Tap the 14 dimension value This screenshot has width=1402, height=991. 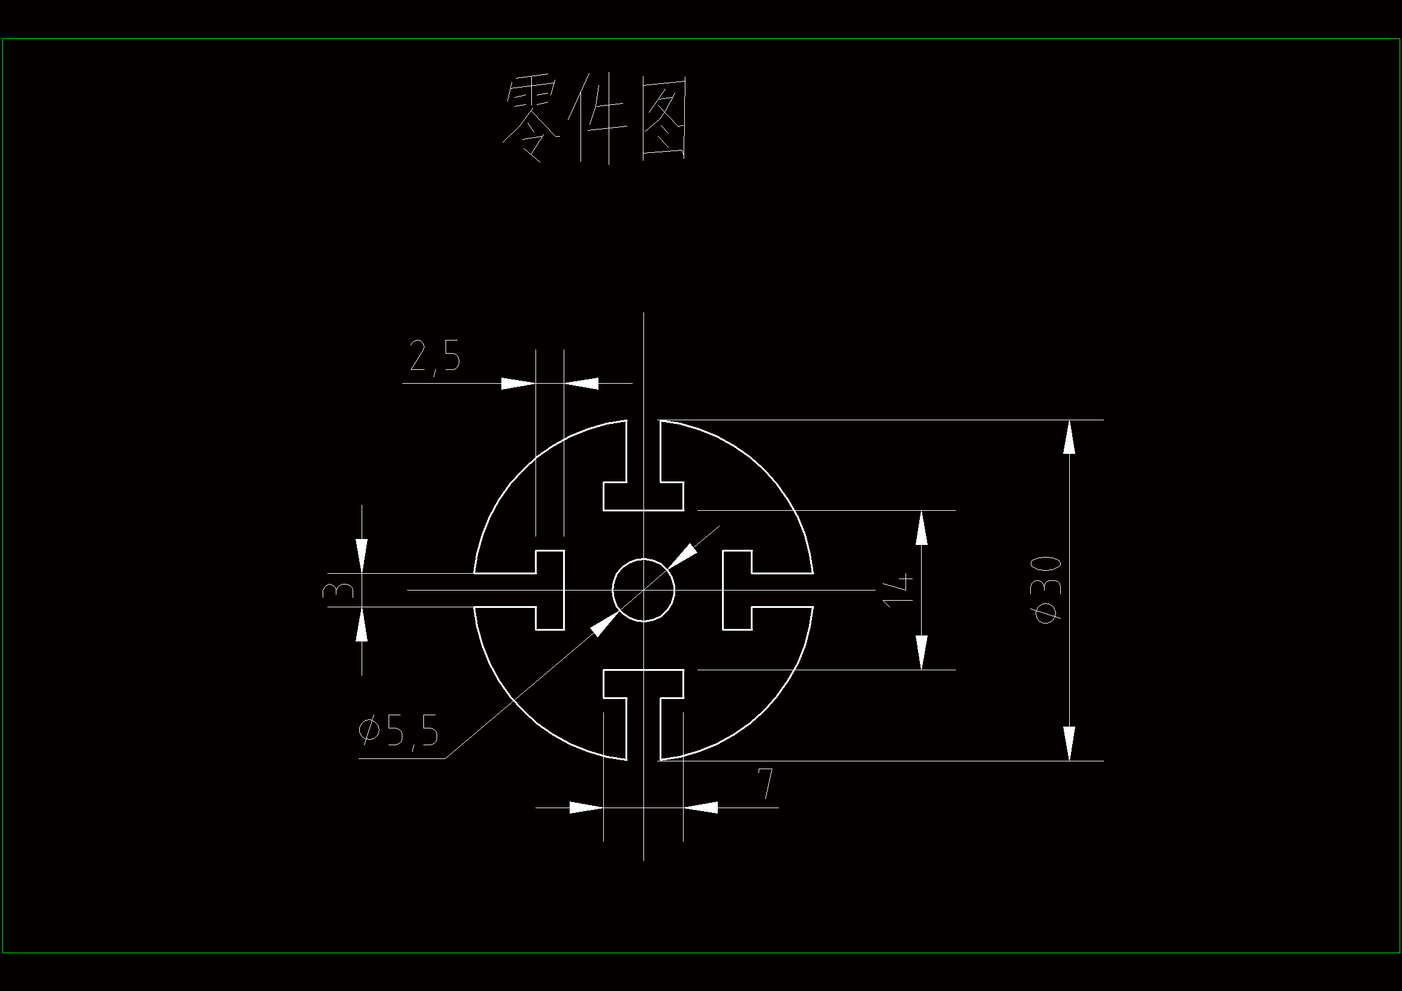(x=898, y=590)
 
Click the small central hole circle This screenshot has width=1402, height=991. (x=643, y=590)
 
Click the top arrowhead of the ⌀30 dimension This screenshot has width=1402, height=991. (x=1069, y=436)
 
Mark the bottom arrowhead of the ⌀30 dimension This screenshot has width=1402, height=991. (x=1069, y=744)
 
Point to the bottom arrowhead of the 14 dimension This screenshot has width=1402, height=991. (x=922, y=653)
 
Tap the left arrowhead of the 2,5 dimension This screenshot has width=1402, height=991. (x=518, y=384)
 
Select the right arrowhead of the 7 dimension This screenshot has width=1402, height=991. (x=700, y=807)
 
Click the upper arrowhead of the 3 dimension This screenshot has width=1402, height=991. (x=362, y=556)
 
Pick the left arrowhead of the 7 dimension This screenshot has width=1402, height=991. (x=586, y=807)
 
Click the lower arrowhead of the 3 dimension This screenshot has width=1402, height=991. (x=362, y=623)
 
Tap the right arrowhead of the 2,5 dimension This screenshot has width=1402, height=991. (x=580, y=384)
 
